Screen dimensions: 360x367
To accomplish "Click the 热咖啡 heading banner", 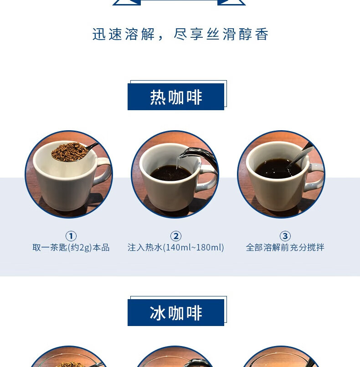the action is [x=176, y=97].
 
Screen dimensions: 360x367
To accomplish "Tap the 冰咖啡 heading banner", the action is [x=176, y=312].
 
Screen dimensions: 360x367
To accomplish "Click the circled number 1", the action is [x=71, y=236].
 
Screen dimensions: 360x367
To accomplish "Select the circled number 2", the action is [x=175, y=236].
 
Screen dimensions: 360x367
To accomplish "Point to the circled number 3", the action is [x=285, y=236].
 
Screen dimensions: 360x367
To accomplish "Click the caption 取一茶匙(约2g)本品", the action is [x=71, y=248].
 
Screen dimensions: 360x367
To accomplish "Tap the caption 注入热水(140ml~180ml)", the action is [x=175, y=248].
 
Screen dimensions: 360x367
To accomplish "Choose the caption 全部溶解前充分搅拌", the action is [x=285, y=248].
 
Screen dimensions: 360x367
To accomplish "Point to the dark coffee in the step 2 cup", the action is [x=171, y=173].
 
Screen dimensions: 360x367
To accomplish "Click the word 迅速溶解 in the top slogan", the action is [x=123, y=35].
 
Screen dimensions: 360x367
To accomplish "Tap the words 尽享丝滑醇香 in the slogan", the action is [x=221, y=35].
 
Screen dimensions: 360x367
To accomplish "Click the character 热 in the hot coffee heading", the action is [x=158, y=97].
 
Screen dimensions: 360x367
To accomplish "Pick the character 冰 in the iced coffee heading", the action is [x=158, y=313].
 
